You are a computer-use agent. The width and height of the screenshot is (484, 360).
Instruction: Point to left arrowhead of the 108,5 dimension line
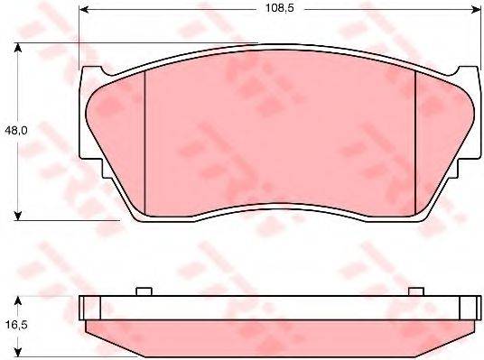pos(84,11)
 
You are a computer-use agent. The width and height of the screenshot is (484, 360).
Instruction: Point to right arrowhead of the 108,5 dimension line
pos(476,11)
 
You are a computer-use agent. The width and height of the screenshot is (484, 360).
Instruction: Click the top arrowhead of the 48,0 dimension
pos(19,46)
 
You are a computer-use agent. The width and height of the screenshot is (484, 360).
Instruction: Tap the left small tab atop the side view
pos(142,291)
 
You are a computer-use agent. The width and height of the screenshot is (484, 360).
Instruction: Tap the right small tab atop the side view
pos(415,291)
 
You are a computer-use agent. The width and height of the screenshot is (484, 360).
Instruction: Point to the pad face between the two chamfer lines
pos(280,135)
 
